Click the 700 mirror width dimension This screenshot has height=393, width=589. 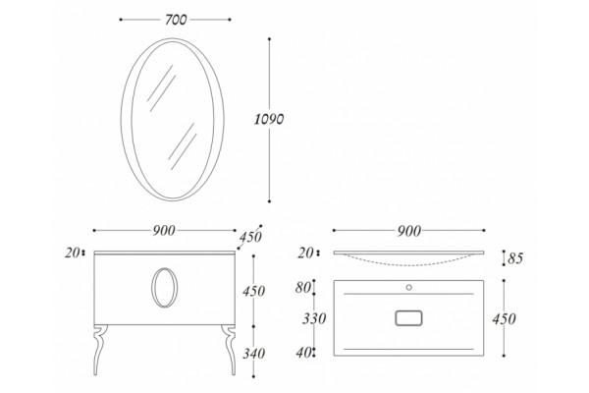(176, 20)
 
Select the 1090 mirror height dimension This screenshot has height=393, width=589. (269, 119)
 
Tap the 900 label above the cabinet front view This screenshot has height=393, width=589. (164, 231)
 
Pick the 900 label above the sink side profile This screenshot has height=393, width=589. (409, 231)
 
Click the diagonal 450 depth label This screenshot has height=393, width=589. (250, 237)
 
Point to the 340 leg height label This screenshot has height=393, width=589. (254, 353)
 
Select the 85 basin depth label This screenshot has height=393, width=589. (515, 258)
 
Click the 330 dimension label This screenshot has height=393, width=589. (314, 318)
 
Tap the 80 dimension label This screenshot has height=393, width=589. (303, 288)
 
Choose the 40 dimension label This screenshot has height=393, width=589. (304, 353)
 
